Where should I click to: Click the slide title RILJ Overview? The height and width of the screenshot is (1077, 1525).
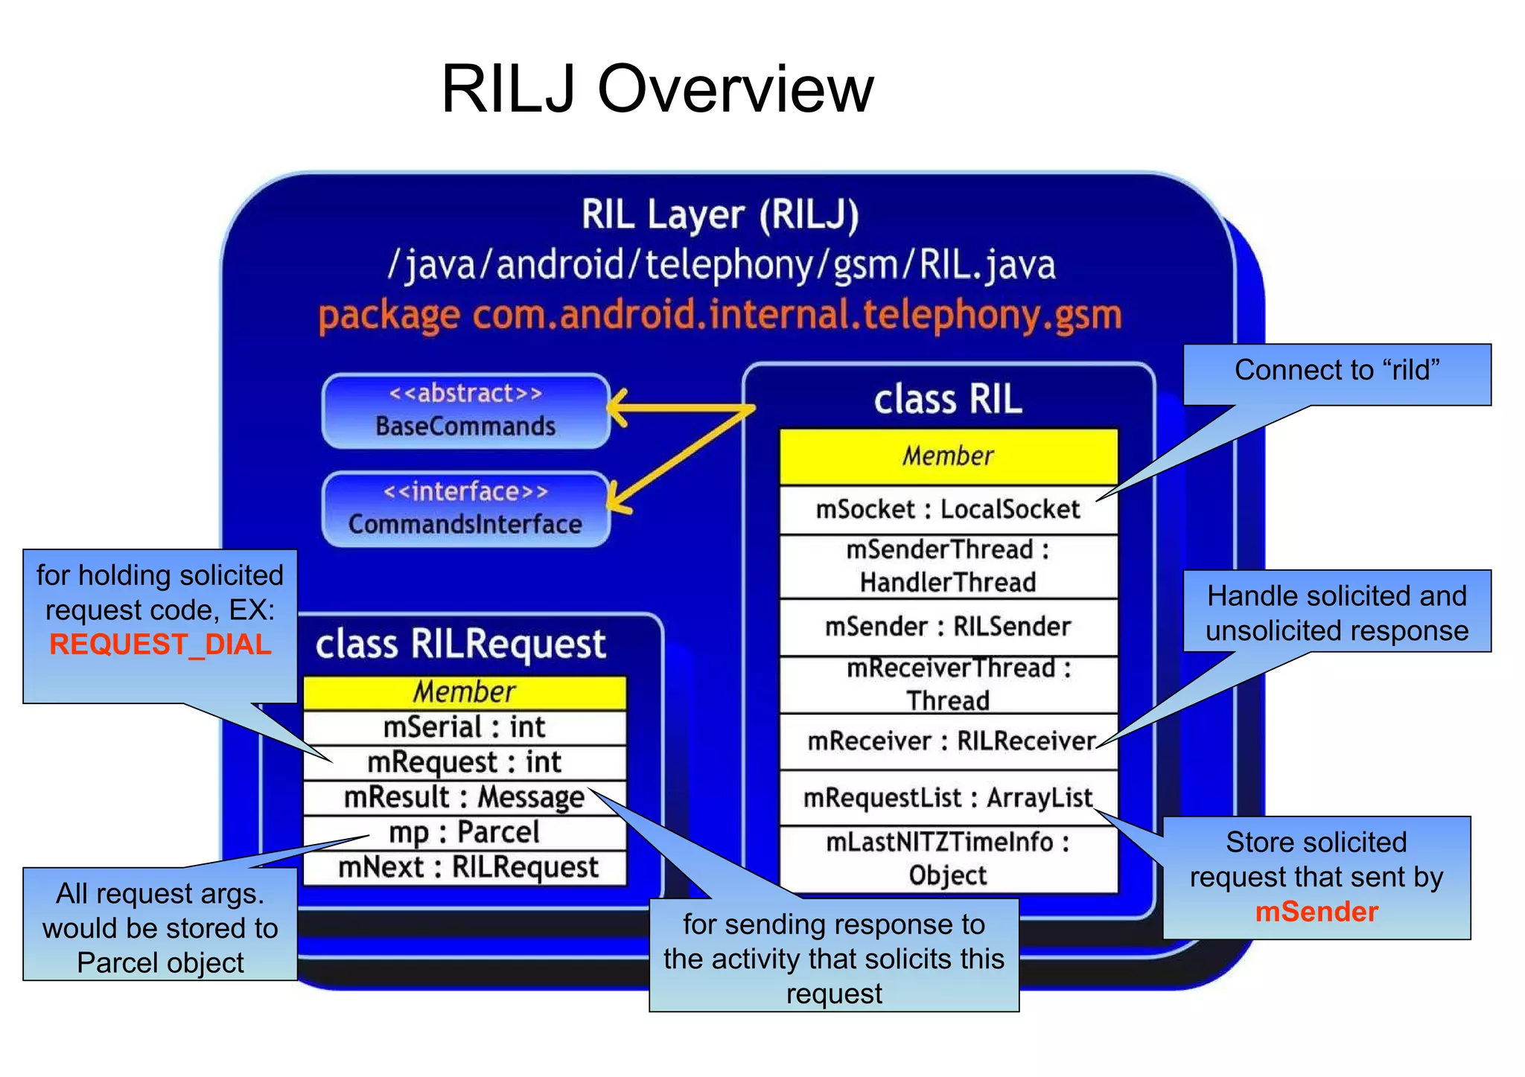(x=657, y=89)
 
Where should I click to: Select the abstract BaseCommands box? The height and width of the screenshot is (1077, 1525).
(x=465, y=411)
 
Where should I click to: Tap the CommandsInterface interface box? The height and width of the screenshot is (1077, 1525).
(x=465, y=509)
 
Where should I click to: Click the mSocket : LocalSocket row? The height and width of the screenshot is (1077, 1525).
(x=947, y=509)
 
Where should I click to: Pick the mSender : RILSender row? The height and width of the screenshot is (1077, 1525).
(x=947, y=627)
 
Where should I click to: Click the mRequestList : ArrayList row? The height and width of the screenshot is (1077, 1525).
(x=947, y=798)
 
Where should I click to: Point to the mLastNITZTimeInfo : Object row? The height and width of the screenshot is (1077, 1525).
(x=947, y=859)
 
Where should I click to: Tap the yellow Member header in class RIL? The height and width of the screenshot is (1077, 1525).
(x=947, y=456)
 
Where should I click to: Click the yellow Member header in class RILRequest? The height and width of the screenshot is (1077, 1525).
(x=465, y=692)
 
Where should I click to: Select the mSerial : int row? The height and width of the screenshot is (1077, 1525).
(x=465, y=727)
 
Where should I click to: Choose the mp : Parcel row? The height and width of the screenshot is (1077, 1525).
(x=465, y=832)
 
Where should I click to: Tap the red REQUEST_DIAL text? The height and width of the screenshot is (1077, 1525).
(x=160, y=645)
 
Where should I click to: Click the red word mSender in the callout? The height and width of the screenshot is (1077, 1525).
(x=1317, y=912)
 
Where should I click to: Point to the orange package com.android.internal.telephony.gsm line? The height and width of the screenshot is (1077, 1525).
(x=719, y=316)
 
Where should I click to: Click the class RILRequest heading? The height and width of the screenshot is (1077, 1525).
(x=460, y=645)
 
